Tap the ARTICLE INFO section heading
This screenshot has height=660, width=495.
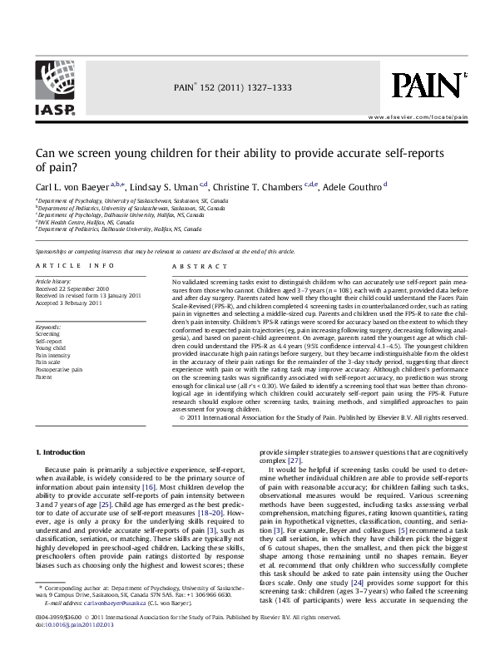click(x=76, y=264)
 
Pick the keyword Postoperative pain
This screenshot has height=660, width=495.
click(x=59, y=368)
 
